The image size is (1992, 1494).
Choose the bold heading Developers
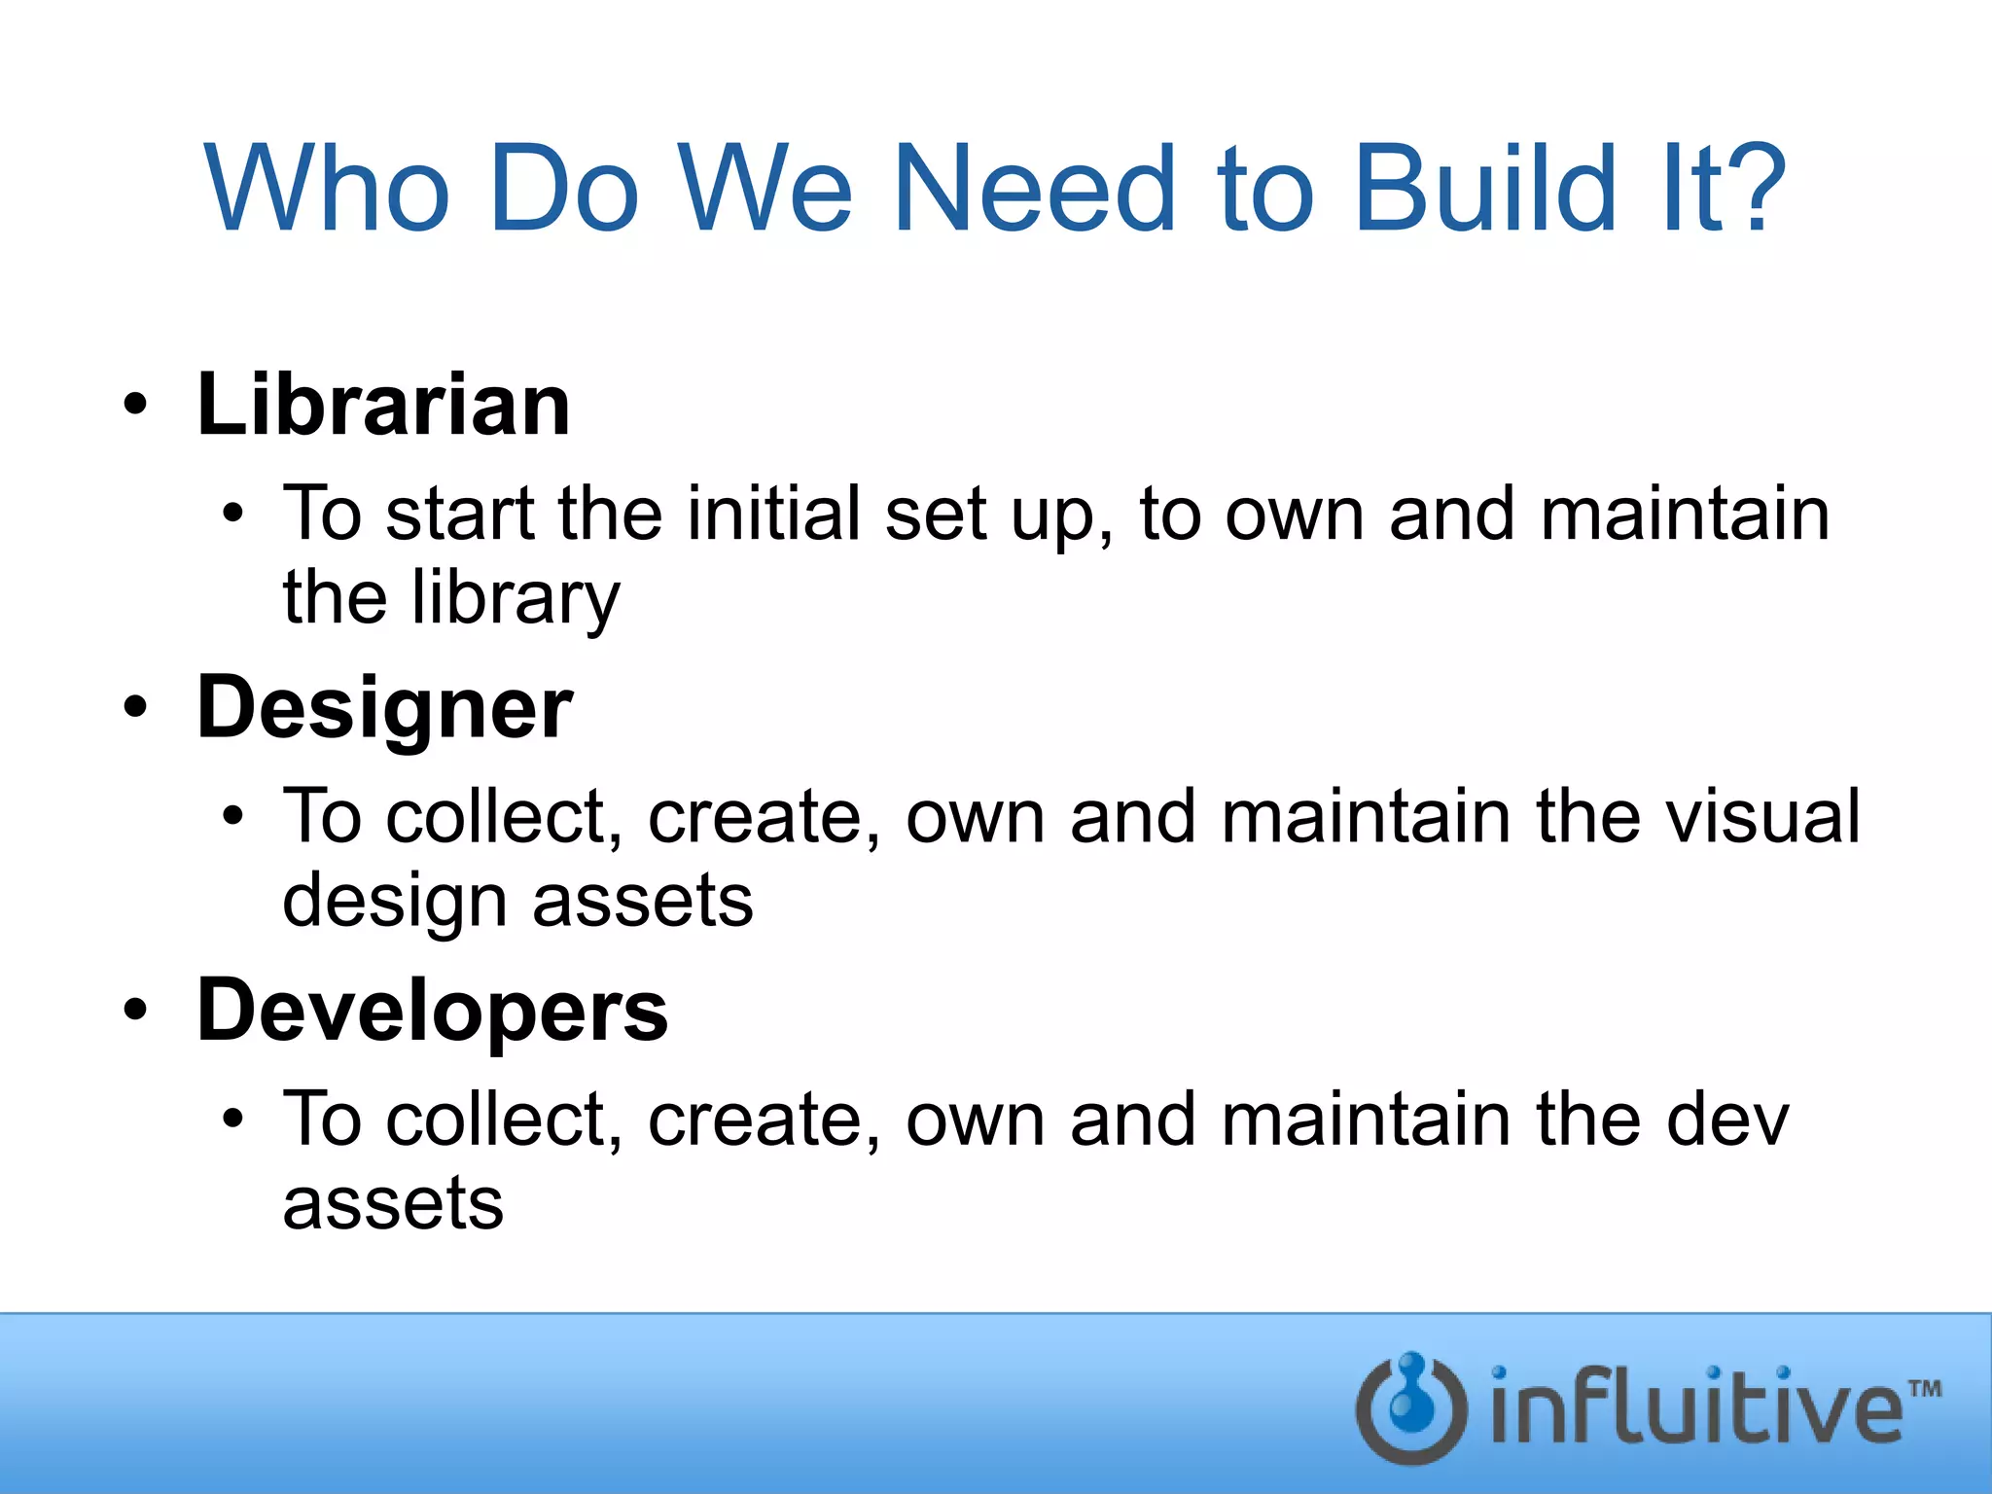pyautogui.click(x=432, y=1012)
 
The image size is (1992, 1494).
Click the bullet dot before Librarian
pyautogui.click(x=136, y=405)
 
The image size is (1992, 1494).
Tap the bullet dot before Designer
pyautogui.click(x=136, y=707)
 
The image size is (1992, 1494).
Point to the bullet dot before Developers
pyautogui.click(x=136, y=1010)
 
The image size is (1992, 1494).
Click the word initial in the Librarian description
pyautogui.click(x=773, y=514)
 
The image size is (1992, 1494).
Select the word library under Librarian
pyautogui.click(x=515, y=598)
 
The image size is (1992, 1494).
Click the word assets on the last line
pyautogui.click(x=393, y=1204)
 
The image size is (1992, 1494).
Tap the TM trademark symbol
pyautogui.click(x=1924, y=1388)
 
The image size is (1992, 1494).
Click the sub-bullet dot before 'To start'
pyautogui.click(x=231, y=513)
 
